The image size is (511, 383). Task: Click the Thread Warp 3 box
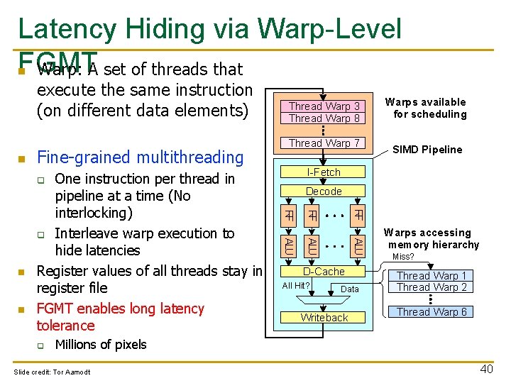(324, 106)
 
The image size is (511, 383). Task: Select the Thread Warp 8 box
(324, 118)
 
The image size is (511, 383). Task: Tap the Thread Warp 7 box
(324, 143)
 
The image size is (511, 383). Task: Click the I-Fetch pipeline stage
(324, 172)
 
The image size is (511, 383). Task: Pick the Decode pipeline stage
(324, 191)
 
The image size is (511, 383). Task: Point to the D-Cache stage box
(324, 272)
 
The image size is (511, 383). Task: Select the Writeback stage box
(324, 318)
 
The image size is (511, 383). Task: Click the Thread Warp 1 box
(432, 275)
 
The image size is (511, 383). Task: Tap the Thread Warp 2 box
(432, 287)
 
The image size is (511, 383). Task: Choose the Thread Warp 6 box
(432, 312)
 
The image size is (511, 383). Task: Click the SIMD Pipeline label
(427, 150)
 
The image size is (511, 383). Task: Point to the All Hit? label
(296, 286)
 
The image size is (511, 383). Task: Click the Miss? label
(403, 257)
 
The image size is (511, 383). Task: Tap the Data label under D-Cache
(350, 289)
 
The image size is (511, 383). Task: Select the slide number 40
(486, 369)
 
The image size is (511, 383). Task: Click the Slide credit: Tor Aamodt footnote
(52, 372)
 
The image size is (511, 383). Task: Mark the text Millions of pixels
(101, 345)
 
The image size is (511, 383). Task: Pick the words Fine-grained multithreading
(140, 157)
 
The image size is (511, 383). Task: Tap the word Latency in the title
(67, 29)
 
